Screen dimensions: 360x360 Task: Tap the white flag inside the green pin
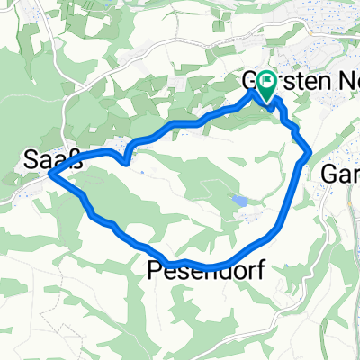267,83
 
